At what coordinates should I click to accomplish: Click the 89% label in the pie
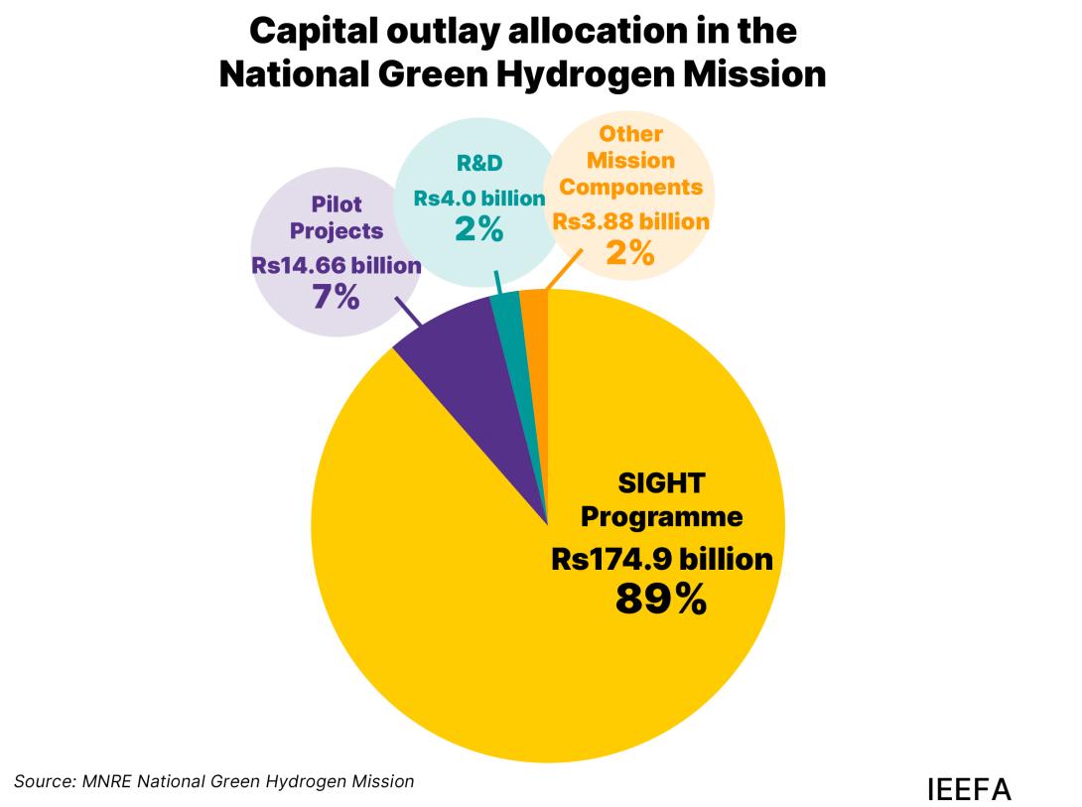pyautogui.click(x=661, y=599)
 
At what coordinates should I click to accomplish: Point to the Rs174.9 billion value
pyautogui.click(x=661, y=559)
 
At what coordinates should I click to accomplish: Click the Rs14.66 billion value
pyautogui.click(x=337, y=265)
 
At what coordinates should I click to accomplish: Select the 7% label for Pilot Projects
pyautogui.click(x=337, y=296)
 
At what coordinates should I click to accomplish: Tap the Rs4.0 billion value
pyautogui.click(x=479, y=198)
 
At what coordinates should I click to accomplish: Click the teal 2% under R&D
pyautogui.click(x=479, y=228)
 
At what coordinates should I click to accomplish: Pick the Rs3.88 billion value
pyautogui.click(x=631, y=221)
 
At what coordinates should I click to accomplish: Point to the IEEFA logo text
pyautogui.click(x=968, y=789)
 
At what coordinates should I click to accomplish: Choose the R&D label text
pyautogui.click(x=479, y=164)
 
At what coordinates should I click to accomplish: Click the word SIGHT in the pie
pyautogui.click(x=661, y=483)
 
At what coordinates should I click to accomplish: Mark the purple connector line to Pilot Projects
pyautogui.click(x=407, y=310)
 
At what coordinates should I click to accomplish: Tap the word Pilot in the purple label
pyautogui.click(x=337, y=204)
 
